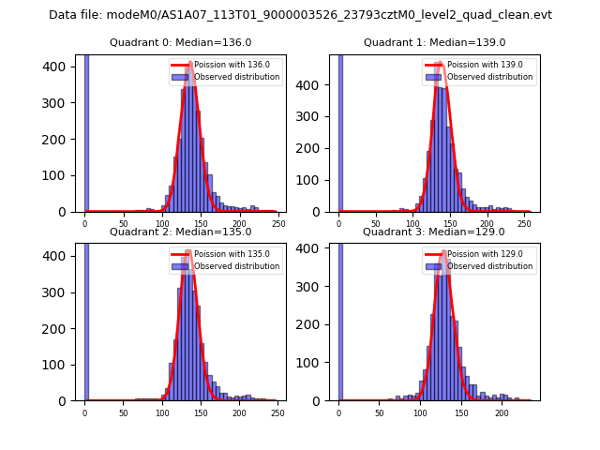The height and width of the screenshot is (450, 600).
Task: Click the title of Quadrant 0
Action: (180, 42)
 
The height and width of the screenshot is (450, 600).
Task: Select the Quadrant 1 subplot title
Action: (434, 42)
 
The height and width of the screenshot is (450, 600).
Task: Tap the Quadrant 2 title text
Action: (180, 232)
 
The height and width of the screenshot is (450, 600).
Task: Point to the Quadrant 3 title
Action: (434, 232)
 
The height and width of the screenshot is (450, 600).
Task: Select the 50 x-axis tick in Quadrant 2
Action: (123, 412)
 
